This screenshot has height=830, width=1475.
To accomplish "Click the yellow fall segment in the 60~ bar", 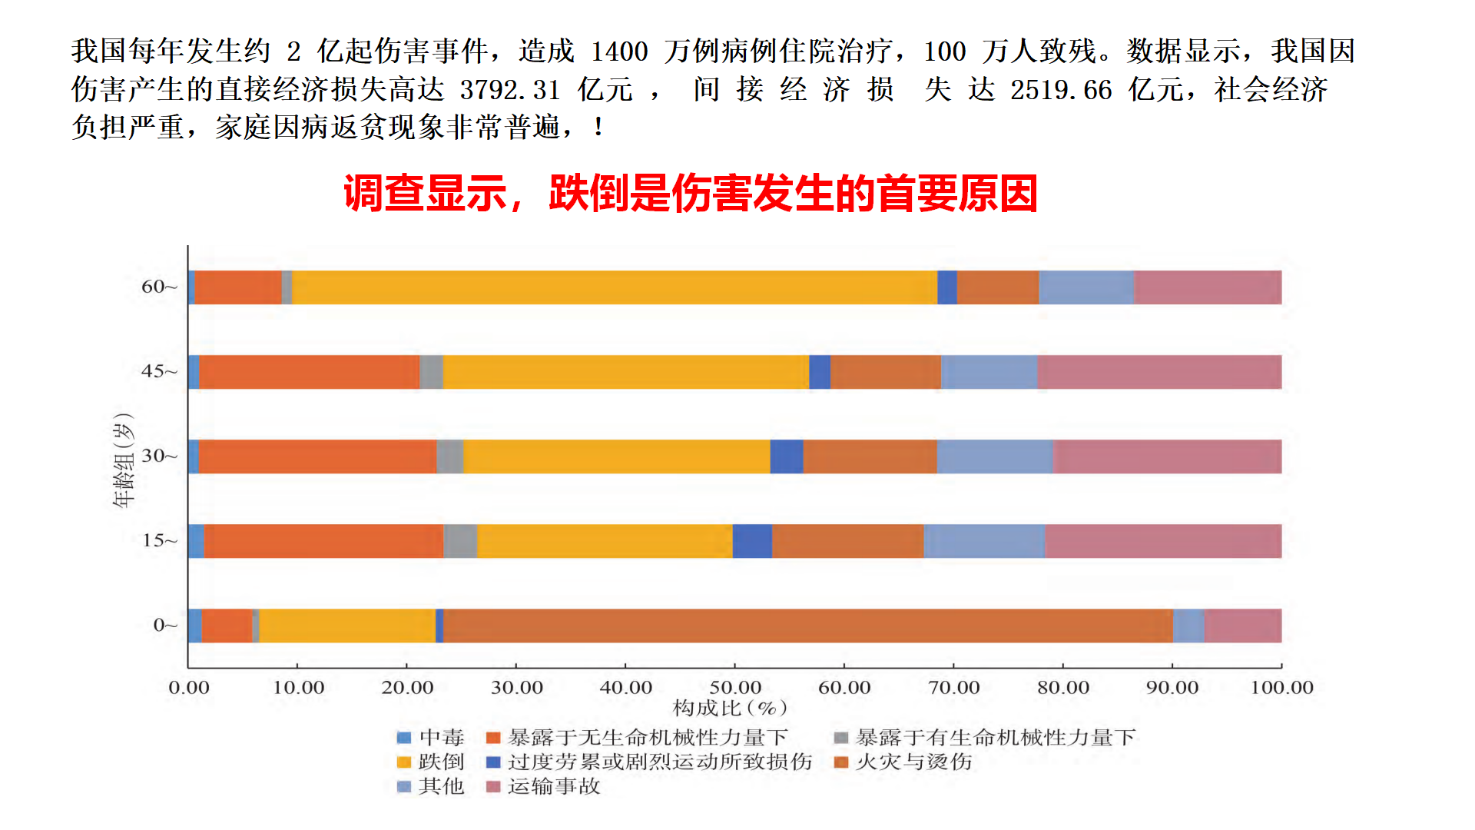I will [x=615, y=287].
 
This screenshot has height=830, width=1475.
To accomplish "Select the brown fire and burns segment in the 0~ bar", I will [x=807, y=626].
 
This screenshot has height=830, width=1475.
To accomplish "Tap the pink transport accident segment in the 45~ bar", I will [x=1158, y=372].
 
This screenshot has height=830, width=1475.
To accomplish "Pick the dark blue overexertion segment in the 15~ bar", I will [x=751, y=541].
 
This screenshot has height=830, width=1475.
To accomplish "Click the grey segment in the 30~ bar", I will [x=449, y=456].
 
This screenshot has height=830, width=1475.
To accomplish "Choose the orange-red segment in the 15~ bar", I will [x=323, y=541].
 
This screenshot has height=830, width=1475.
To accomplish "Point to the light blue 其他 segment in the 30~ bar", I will [x=994, y=456].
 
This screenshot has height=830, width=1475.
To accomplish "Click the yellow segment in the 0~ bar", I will [x=347, y=626].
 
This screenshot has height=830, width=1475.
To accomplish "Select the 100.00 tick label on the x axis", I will [x=1281, y=687].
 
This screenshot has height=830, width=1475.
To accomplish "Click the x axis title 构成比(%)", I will [x=730, y=708].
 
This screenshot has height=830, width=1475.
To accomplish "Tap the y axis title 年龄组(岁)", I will [x=124, y=460].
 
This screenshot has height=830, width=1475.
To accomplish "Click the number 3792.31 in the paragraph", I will [x=509, y=90].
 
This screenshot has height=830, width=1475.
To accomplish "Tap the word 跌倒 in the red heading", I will [x=588, y=193].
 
